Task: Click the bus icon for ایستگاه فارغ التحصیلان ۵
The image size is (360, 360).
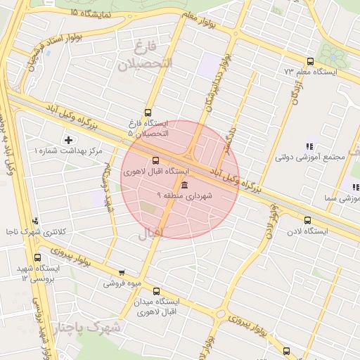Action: tap(148, 112)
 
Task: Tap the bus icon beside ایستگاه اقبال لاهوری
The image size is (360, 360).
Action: tap(155, 160)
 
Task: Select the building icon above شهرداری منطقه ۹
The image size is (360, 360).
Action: tap(184, 185)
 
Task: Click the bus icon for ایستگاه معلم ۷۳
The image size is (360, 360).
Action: tap(311, 61)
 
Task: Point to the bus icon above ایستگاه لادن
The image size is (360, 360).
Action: tap(307, 220)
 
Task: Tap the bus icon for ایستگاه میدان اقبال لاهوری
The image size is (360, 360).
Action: tap(155, 291)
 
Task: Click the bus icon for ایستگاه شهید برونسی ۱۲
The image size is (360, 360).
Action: tap(37, 257)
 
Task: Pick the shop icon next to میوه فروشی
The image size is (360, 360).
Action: tap(122, 273)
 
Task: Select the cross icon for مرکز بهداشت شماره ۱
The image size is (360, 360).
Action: tap(68, 140)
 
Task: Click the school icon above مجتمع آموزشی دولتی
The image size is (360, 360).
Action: tap(309, 146)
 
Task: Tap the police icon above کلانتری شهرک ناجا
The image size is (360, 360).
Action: tap(36, 221)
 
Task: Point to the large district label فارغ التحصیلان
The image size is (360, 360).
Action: tap(145, 56)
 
